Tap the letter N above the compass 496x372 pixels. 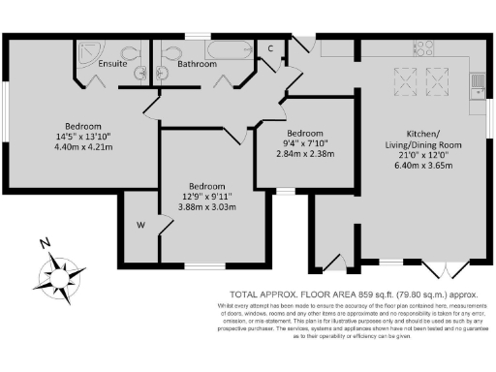tap(44, 243)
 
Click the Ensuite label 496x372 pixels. tap(113, 64)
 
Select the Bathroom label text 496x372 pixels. tap(197, 64)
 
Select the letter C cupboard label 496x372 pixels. tap(270, 47)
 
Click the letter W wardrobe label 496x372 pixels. tap(140, 227)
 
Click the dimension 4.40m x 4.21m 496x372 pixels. tap(77, 147)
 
